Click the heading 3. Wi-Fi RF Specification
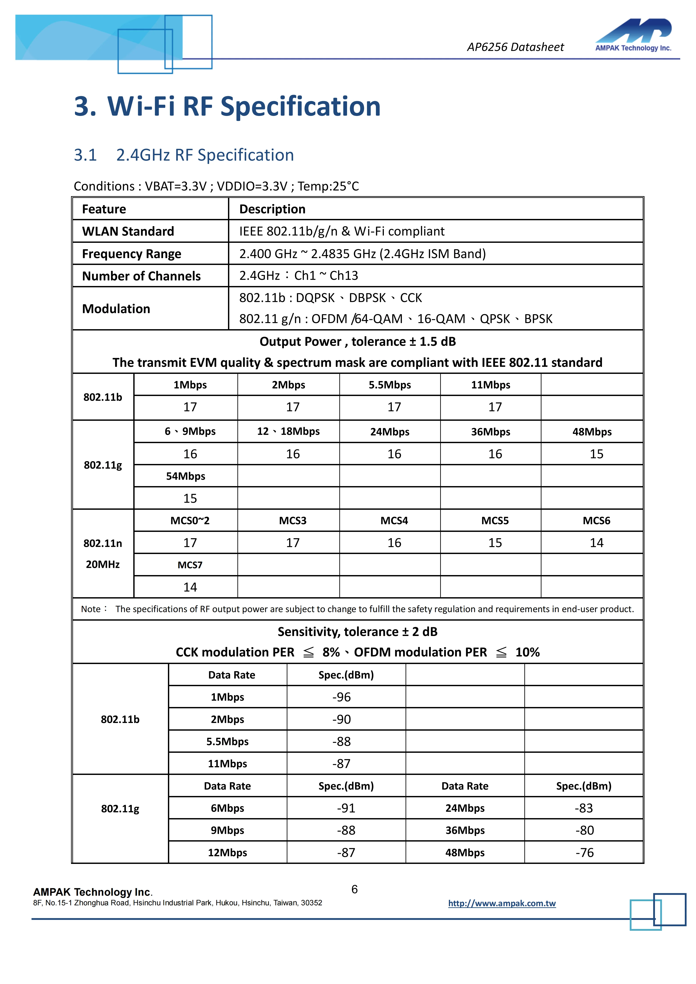(x=227, y=106)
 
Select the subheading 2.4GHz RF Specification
(x=205, y=155)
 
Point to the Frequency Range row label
(x=132, y=254)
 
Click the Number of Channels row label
(x=141, y=276)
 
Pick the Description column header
(x=272, y=209)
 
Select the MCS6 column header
(x=596, y=521)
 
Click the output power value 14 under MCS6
(x=596, y=543)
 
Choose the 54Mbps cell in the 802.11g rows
(x=186, y=476)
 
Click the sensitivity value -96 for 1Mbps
(x=342, y=697)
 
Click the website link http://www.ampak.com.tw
(x=502, y=903)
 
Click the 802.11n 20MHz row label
(x=103, y=554)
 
